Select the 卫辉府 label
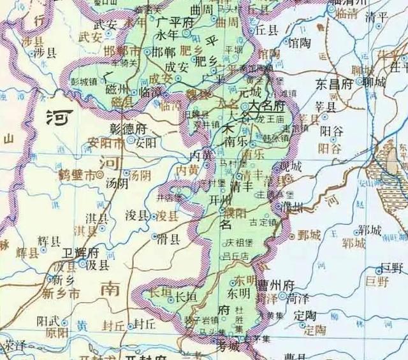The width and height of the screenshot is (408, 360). click(x=85, y=251)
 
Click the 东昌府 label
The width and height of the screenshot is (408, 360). click(x=335, y=83)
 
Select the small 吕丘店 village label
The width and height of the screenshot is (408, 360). click(x=236, y=256)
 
